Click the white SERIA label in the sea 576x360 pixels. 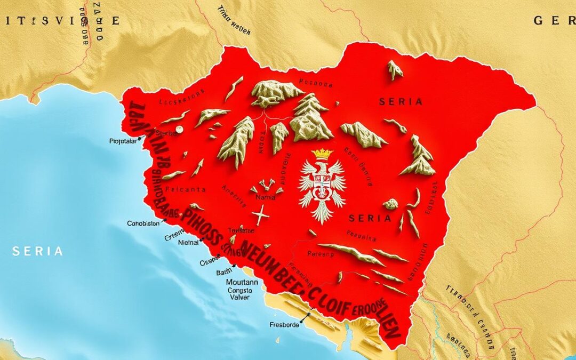[x=38, y=251]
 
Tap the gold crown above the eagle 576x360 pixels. [x=322, y=154]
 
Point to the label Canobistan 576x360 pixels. [x=143, y=223]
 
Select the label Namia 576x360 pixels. [x=266, y=197]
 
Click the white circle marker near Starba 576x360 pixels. [x=180, y=129]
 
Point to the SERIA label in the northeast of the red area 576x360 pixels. [x=401, y=101]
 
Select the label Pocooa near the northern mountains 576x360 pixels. [x=316, y=83]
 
